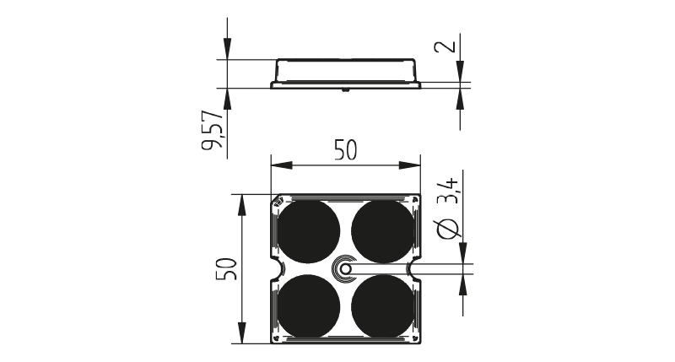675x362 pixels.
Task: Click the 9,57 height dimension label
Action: pyautogui.click(x=213, y=130)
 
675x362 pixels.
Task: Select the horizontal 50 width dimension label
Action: pyautogui.click(x=346, y=151)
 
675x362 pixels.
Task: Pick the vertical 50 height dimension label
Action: pyautogui.click(x=226, y=269)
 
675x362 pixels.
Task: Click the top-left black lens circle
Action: pyautogui.click(x=308, y=231)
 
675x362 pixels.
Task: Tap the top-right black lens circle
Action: pyautogui.click(x=383, y=231)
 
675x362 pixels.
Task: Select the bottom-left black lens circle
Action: pyautogui.click(x=308, y=306)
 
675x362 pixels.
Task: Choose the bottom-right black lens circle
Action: pyautogui.click(x=383, y=306)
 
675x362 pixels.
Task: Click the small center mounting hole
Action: pyautogui.click(x=345, y=269)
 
